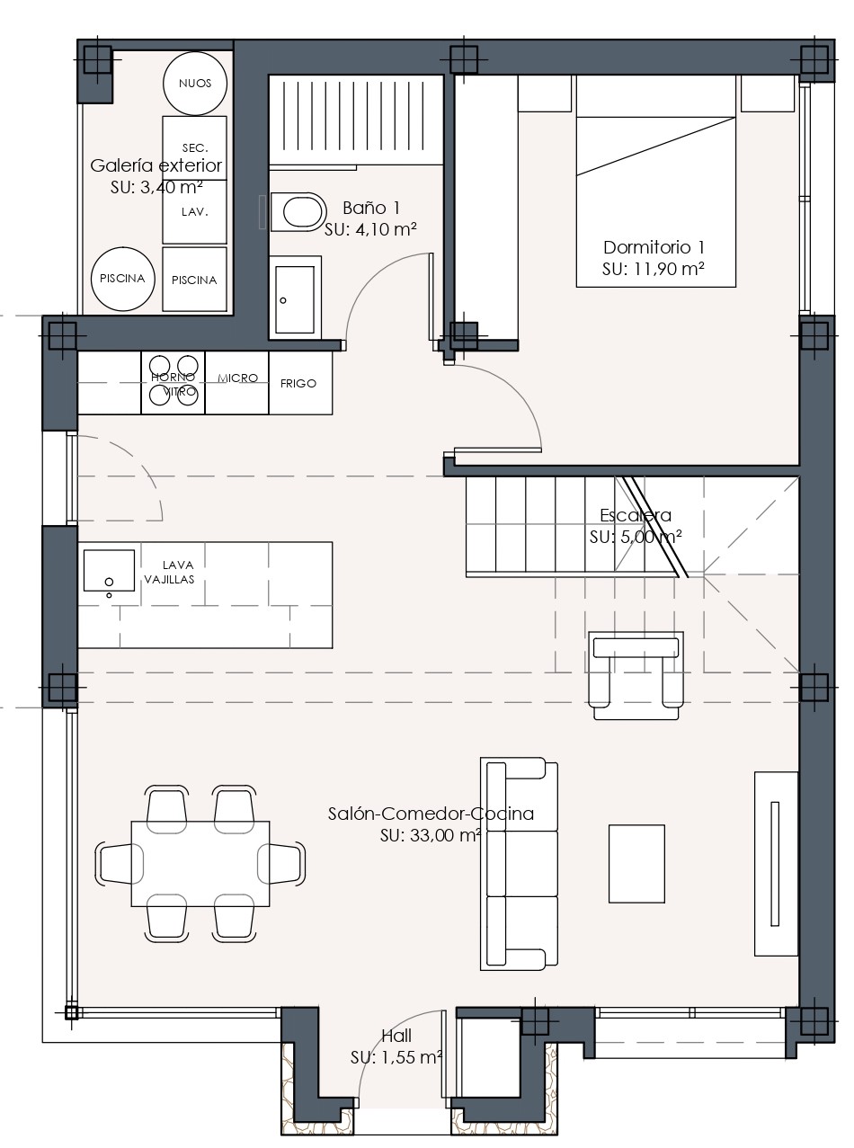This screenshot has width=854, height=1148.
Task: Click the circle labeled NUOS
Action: tap(194, 83)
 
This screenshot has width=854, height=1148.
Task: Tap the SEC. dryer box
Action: tap(194, 147)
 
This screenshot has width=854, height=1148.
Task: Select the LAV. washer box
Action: tap(194, 211)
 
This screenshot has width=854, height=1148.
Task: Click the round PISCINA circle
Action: tap(122, 279)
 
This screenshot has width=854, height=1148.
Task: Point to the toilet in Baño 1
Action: tap(298, 211)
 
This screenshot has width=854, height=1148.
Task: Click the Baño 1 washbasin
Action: tap(295, 298)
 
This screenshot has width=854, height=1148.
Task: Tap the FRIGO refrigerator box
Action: tap(301, 383)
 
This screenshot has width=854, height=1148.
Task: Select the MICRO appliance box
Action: tap(237, 383)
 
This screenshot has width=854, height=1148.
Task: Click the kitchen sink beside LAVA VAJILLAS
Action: tap(109, 571)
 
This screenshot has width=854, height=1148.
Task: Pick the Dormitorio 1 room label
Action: tap(654, 247)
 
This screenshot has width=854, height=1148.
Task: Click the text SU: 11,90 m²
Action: tap(654, 269)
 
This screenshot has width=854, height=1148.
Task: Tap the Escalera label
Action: tap(636, 515)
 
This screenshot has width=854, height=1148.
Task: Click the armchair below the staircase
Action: tap(636, 676)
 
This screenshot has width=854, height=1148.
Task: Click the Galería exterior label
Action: tap(156, 165)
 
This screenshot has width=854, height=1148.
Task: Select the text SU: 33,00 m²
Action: tap(431, 835)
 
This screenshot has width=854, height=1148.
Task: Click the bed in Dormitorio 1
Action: tap(655, 182)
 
